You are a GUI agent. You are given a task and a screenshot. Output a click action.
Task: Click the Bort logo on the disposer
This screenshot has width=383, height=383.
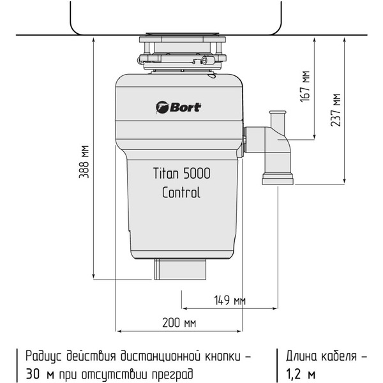(x=178, y=107)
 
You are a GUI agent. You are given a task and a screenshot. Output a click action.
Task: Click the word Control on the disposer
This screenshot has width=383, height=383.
(x=181, y=193)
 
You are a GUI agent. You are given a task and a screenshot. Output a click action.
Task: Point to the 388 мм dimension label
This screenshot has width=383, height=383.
(x=84, y=162)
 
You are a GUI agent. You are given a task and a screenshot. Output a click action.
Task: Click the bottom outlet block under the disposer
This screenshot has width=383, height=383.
(x=181, y=271)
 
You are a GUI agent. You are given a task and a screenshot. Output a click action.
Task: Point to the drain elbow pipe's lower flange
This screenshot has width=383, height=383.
(x=277, y=179)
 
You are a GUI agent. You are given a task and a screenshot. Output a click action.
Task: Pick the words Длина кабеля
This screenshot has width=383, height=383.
(x=321, y=355)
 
